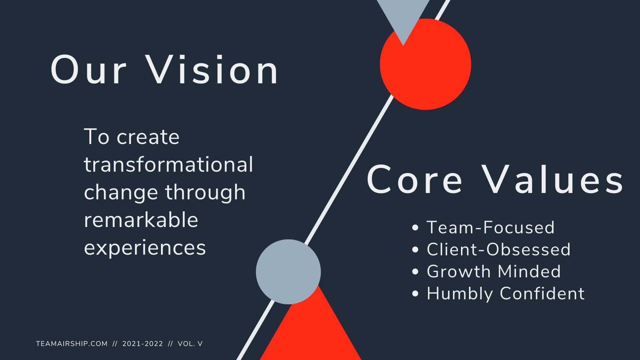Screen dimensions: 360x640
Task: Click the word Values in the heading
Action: pyautogui.click(x=554, y=180)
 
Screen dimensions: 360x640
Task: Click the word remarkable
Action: pyautogui.click(x=141, y=220)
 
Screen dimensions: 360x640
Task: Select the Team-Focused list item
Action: pyautogui.click(x=490, y=227)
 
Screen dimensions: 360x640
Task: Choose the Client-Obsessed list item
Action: pyautogui.click(x=498, y=249)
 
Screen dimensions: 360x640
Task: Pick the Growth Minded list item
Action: pyautogui.click(x=494, y=271)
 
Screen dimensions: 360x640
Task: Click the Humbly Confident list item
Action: pyautogui.click(x=505, y=293)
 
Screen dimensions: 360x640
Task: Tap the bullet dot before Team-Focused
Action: pyautogui.click(x=415, y=228)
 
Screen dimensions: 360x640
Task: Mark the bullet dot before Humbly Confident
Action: pyautogui.click(x=415, y=294)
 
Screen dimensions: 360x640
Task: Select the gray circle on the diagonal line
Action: pyautogui.click(x=288, y=272)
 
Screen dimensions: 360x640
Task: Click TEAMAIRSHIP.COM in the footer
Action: pyautogui.click(x=72, y=344)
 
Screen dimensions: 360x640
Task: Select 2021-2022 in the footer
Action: pyautogui.click(x=143, y=344)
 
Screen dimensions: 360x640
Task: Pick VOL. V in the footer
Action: pyautogui.click(x=190, y=344)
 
